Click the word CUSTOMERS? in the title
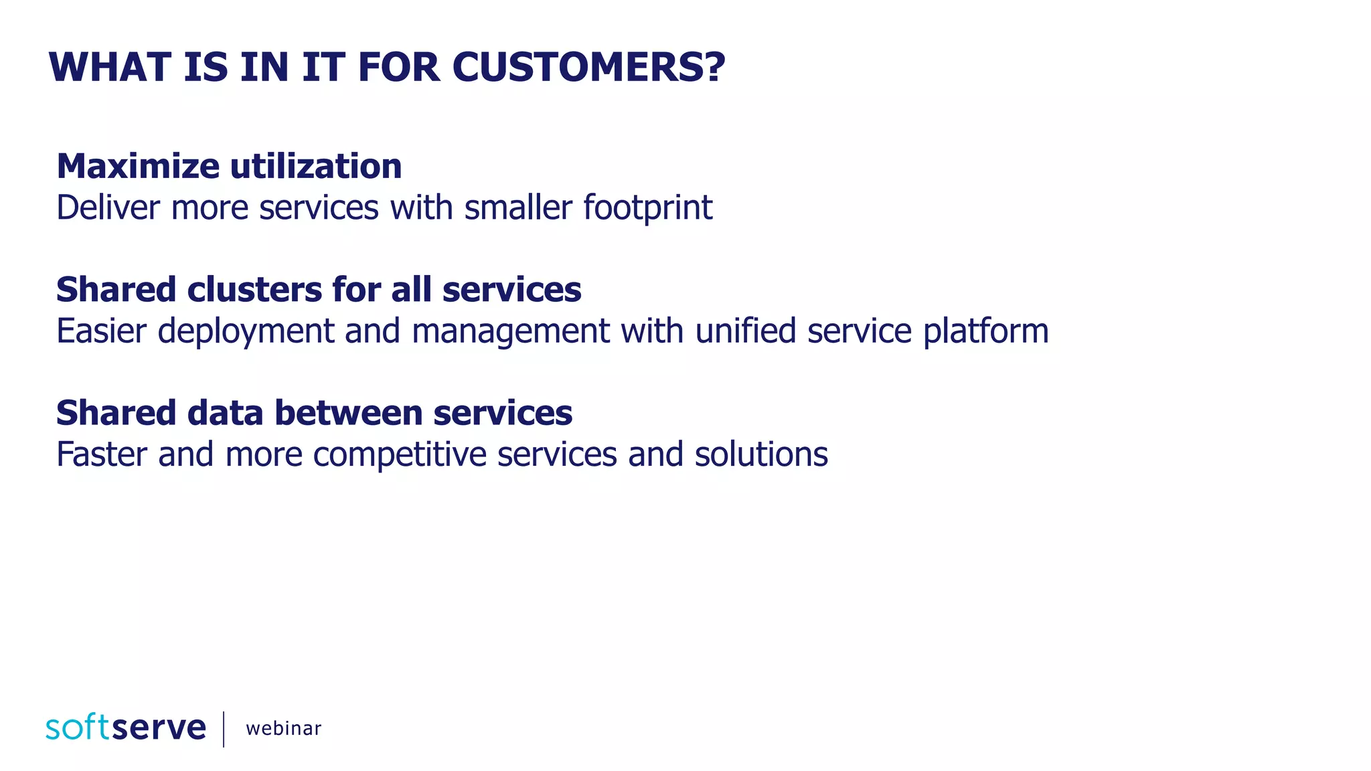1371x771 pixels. [x=588, y=68]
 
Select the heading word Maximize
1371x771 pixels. [x=138, y=166]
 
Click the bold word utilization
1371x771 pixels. [x=316, y=166]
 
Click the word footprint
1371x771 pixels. [x=647, y=207]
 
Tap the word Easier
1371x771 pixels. [x=101, y=331]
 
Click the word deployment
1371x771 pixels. [x=246, y=331]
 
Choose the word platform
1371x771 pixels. [x=985, y=331]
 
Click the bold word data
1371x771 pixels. [x=225, y=413]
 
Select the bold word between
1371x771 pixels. [x=348, y=413]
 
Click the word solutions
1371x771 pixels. [x=761, y=454]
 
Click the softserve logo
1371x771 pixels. [x=126, y=727]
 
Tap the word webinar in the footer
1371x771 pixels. [x=283, y=728]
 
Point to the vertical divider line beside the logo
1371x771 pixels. [x=224, y=729]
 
